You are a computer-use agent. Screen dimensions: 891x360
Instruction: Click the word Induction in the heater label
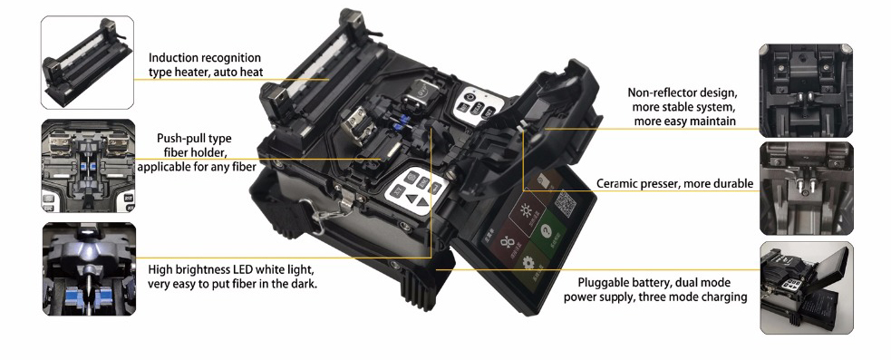coord(172,58)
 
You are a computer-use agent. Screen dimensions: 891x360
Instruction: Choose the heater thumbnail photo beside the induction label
coord(88,63)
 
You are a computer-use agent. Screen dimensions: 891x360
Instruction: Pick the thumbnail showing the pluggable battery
coord(807,287)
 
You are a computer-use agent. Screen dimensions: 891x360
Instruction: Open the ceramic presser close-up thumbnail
coord(807,189)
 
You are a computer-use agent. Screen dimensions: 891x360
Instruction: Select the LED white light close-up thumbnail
coord(89,269)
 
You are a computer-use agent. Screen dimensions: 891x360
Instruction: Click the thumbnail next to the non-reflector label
coord(806,91)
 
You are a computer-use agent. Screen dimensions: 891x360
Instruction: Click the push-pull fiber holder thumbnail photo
coord(88,166)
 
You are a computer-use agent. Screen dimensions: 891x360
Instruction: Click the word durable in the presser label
coord(733,184)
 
